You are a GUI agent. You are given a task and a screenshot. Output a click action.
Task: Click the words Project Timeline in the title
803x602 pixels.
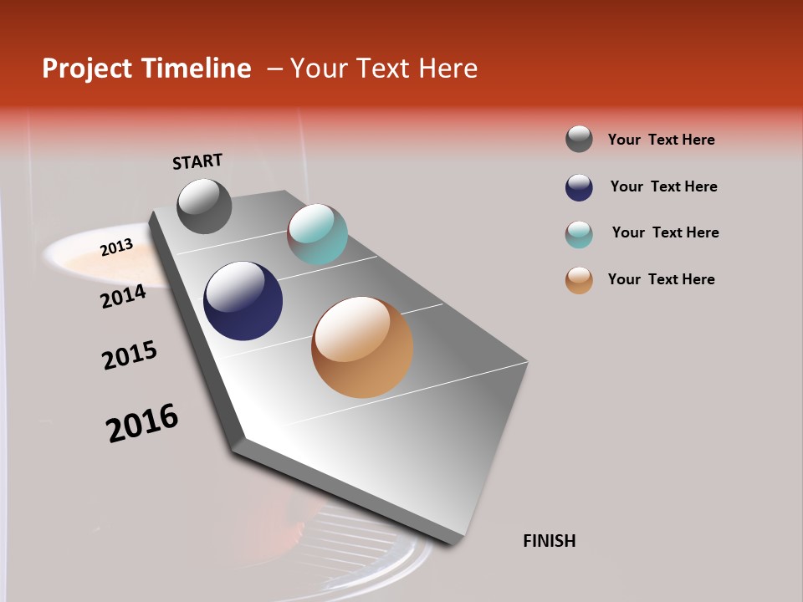tap(146, 69)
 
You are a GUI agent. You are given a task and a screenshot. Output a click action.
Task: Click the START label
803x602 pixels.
tap(197, 161)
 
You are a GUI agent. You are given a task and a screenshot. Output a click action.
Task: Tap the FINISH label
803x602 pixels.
tap(550, 541)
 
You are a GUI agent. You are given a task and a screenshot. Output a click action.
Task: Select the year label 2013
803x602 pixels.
tap(116, 247)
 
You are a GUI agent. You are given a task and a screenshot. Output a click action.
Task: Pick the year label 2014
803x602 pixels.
tap(123, 296)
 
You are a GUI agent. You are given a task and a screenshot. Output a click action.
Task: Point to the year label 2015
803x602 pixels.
tap(130, 355)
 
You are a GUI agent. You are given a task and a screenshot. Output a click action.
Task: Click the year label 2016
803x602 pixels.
tap(142, 423)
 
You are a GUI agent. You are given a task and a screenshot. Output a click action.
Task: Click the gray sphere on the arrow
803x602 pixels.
tap(204, 206)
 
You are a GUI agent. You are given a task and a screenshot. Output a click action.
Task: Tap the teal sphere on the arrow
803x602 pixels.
tap(317, 234)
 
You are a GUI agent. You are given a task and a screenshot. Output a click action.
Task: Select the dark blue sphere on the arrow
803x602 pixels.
tap(243, 301)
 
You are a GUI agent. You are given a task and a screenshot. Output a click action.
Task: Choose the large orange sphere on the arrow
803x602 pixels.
tap(362, 347)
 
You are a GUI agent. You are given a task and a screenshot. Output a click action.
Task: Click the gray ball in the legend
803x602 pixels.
tap(579, 140)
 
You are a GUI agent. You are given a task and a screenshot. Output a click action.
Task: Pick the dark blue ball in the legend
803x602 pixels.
tap(579, 187)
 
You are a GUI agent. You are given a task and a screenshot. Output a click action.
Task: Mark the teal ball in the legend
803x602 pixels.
tap(579, 234)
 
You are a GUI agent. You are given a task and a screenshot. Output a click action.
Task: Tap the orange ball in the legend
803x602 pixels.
tap(579, 280)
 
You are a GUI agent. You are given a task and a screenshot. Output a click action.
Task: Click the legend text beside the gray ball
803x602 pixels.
tap(661, 140)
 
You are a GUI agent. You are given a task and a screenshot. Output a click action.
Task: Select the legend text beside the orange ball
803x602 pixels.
tap(661, 279)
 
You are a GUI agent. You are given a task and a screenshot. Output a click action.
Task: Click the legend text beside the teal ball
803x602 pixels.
tap(665, 232)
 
